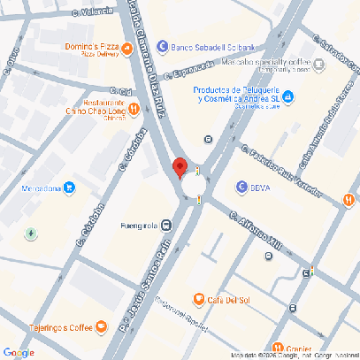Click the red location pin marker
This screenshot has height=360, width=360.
coord(180,167)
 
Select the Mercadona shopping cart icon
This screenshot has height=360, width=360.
coord(69,187)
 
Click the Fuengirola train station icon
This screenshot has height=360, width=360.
coord(167,224)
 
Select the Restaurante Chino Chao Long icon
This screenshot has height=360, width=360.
coord(134,109)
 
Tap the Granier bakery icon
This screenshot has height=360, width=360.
coord(279,347)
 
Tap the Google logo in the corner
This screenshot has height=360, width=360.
coord(19,351)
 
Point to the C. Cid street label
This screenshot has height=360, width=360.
coord(121,90)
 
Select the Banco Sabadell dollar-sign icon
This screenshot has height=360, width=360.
coord(161,47)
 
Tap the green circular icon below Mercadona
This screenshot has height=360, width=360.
coord(31,234)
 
